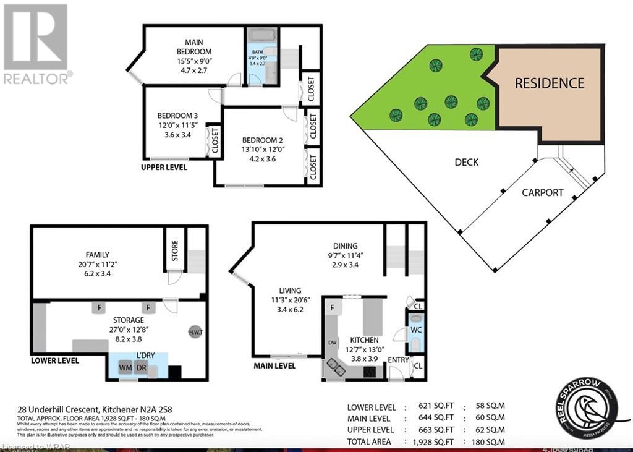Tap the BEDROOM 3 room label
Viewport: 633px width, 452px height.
177,116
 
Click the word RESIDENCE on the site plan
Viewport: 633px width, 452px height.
549,83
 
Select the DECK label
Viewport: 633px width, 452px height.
467,163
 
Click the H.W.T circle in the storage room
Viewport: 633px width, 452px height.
196,333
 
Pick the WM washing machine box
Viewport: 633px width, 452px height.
125,368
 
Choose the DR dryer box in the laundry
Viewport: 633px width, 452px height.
142,368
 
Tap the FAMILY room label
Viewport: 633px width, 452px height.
98,254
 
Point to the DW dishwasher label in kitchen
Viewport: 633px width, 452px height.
333,341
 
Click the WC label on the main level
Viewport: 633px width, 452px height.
415,330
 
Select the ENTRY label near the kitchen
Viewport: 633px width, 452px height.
397,359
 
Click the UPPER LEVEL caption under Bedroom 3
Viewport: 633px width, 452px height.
164,167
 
